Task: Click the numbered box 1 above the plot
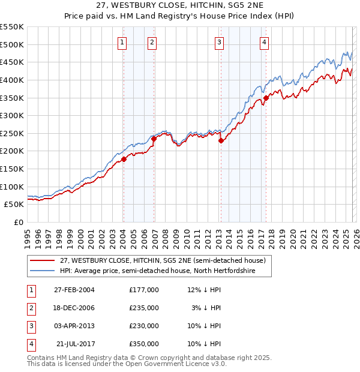click(x=122, y=42)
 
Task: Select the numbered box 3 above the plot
click(x=220, y=42)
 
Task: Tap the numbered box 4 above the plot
click(x=264, y=42)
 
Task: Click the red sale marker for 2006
click(x=154, y=139)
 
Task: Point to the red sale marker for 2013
click(x=221, y=140)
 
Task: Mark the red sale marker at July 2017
click(x=266, y=98)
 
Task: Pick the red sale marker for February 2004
click(x=124, y=159)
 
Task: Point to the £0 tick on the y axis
click(x=18, y=222)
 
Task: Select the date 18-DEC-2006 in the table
click(x=74, y=307)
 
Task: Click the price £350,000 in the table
click(x=144, y=344)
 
